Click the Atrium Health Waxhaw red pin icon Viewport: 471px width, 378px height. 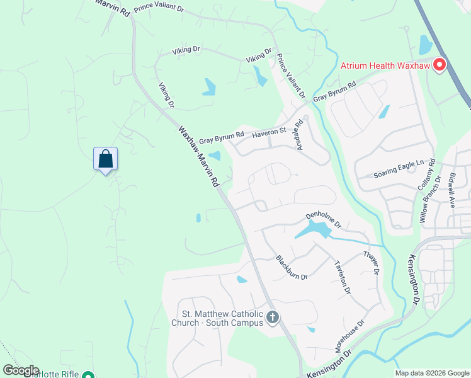[440, 65]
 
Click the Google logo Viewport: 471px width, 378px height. [21, 370]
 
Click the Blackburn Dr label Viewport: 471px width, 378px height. [291, 268]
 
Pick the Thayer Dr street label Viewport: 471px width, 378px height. [372, 263]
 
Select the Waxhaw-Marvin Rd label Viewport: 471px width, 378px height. [198, 155]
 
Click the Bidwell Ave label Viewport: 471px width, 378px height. [452, 190]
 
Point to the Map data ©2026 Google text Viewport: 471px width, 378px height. [432, 373]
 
